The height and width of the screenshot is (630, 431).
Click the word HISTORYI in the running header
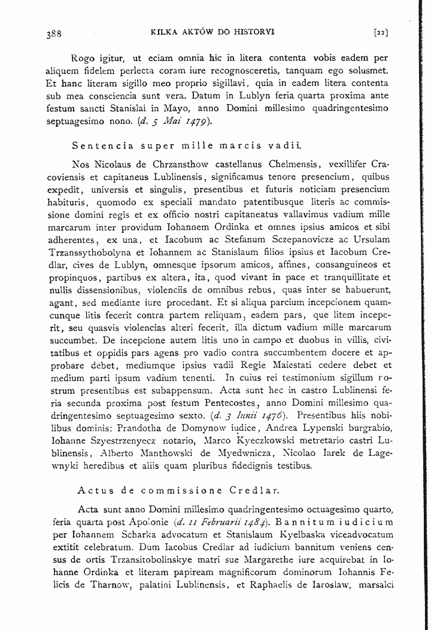point(254,32)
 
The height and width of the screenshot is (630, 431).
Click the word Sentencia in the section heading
point(98,145)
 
